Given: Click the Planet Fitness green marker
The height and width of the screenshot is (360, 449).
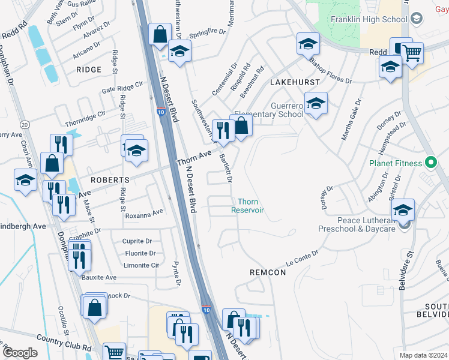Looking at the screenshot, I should pos(430,162).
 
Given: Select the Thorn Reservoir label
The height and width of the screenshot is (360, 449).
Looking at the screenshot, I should pos(247,206).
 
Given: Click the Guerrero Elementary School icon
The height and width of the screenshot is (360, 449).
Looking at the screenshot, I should pos(315,106).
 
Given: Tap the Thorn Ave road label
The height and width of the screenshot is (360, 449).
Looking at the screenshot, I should pos(193,159).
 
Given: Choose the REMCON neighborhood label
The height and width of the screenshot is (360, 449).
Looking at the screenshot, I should pos(267,272).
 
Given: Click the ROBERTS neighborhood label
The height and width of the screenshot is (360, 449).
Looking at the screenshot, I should pos(110,180).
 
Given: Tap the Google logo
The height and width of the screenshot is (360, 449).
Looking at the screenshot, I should pos(20,353).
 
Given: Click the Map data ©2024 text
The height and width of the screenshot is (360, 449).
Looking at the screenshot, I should pos(423,355).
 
